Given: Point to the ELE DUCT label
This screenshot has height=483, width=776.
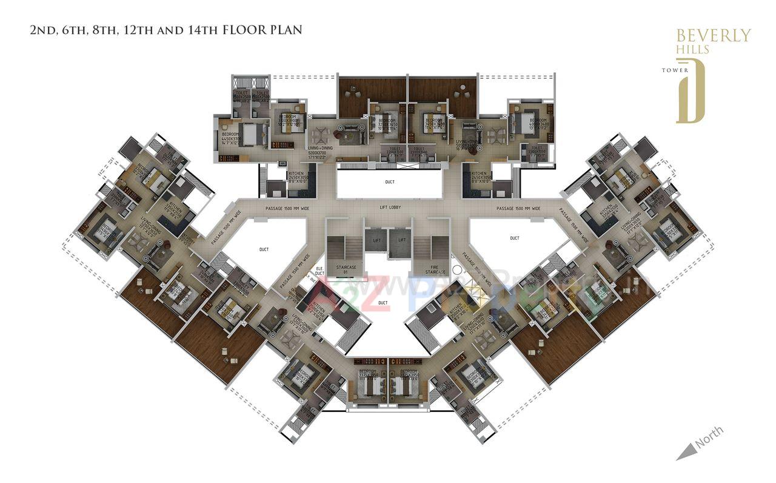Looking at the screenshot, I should (x=319, y=271).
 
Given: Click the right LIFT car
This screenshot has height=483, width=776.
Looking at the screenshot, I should (x=401, y=241).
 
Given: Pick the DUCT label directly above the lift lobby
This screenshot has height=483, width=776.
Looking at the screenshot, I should (x=390, y=181).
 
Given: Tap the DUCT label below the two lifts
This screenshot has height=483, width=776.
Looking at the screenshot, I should (x=383, y=302).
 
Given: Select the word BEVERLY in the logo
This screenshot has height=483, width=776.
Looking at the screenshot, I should (x=713, y=36).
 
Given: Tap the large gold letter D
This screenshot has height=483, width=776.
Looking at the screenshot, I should (x=691, y=91).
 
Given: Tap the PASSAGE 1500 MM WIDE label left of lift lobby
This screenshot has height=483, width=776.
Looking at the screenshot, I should (x=287, y=208).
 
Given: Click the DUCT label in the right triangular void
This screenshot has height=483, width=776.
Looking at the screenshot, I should (x=514, y=238).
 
